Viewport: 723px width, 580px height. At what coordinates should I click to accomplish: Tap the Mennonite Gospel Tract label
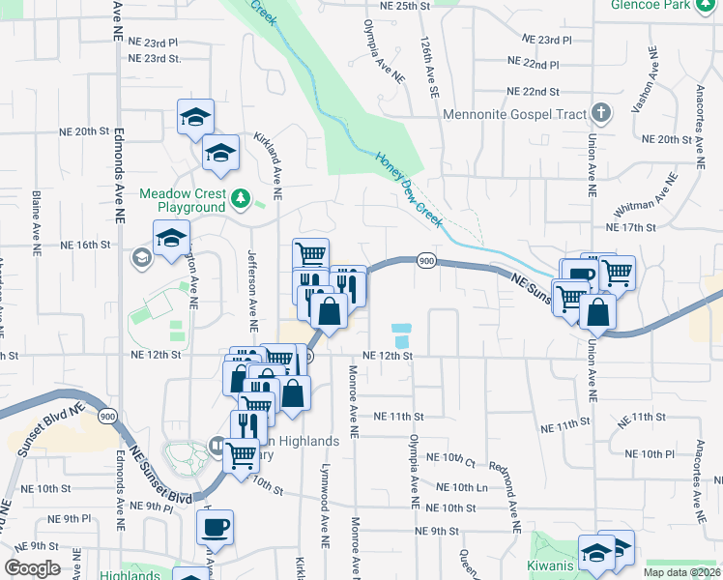(515, 114)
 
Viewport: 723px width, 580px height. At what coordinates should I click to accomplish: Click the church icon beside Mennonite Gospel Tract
(601, 113)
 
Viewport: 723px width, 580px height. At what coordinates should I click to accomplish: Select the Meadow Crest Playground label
(182, 200)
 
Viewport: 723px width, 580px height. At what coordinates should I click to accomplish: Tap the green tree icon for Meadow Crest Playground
(241, 200)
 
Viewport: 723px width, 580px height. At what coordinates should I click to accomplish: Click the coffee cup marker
(215, 528)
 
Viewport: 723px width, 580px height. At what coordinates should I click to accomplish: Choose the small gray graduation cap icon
(141, 257)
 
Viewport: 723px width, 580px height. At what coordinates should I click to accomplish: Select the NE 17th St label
(630, 227)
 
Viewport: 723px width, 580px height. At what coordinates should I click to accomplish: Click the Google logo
(33, 568)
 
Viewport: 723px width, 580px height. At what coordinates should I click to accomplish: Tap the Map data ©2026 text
(679, 572)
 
